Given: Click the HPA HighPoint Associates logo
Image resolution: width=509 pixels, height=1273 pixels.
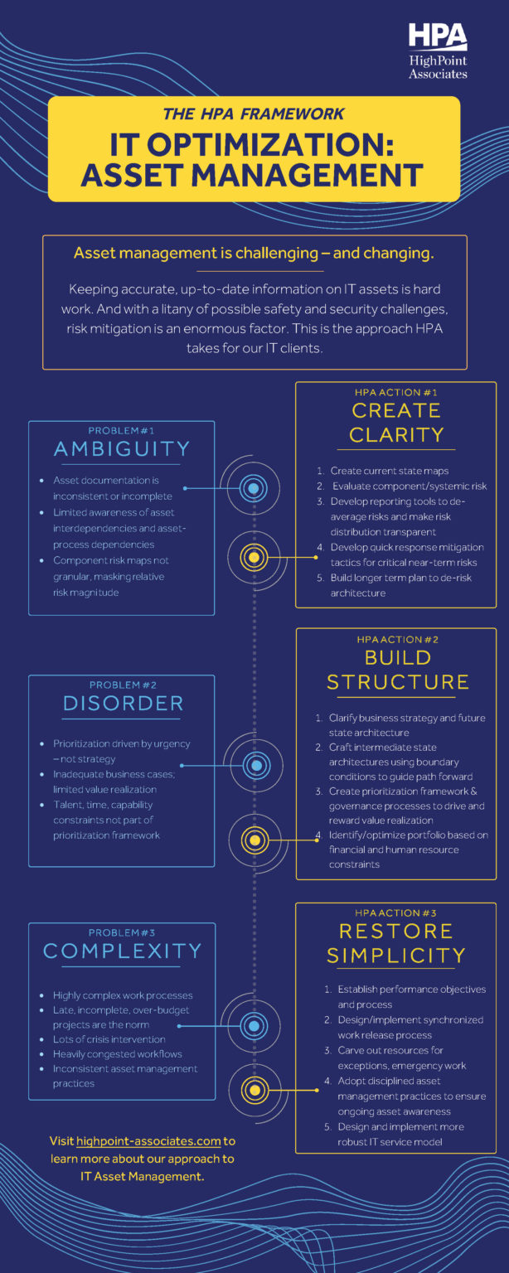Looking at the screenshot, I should (438, 51).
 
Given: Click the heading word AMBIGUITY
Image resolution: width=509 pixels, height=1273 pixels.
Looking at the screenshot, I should (122, 449).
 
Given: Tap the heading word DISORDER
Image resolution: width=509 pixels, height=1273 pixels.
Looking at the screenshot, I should (123, 704).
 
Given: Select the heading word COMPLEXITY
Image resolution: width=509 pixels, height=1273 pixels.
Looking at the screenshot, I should (123, 951).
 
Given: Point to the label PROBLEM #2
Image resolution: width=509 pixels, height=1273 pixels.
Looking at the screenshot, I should (123, 685).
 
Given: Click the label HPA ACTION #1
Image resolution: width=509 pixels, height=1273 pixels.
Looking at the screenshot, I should (396, 392).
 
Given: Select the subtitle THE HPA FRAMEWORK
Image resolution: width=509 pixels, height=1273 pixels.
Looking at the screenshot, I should (254, 114).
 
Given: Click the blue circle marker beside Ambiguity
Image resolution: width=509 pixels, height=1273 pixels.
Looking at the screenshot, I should (254, 488).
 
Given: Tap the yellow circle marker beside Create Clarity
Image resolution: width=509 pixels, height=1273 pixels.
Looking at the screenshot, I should (254, 557).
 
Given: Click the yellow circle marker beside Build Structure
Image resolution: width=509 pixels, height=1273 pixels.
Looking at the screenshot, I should (254, 840).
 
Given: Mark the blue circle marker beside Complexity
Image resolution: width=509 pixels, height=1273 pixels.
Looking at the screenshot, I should (254, 1025).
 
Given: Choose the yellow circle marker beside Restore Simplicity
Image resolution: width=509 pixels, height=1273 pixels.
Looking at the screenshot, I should (254, 1090).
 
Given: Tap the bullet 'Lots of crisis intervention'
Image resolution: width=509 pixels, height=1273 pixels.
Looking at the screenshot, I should (109, 1039).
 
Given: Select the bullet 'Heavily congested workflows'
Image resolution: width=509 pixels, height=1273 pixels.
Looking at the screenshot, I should (118, 1054).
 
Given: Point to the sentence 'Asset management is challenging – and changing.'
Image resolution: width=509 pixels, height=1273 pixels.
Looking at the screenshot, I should (254, 254).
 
